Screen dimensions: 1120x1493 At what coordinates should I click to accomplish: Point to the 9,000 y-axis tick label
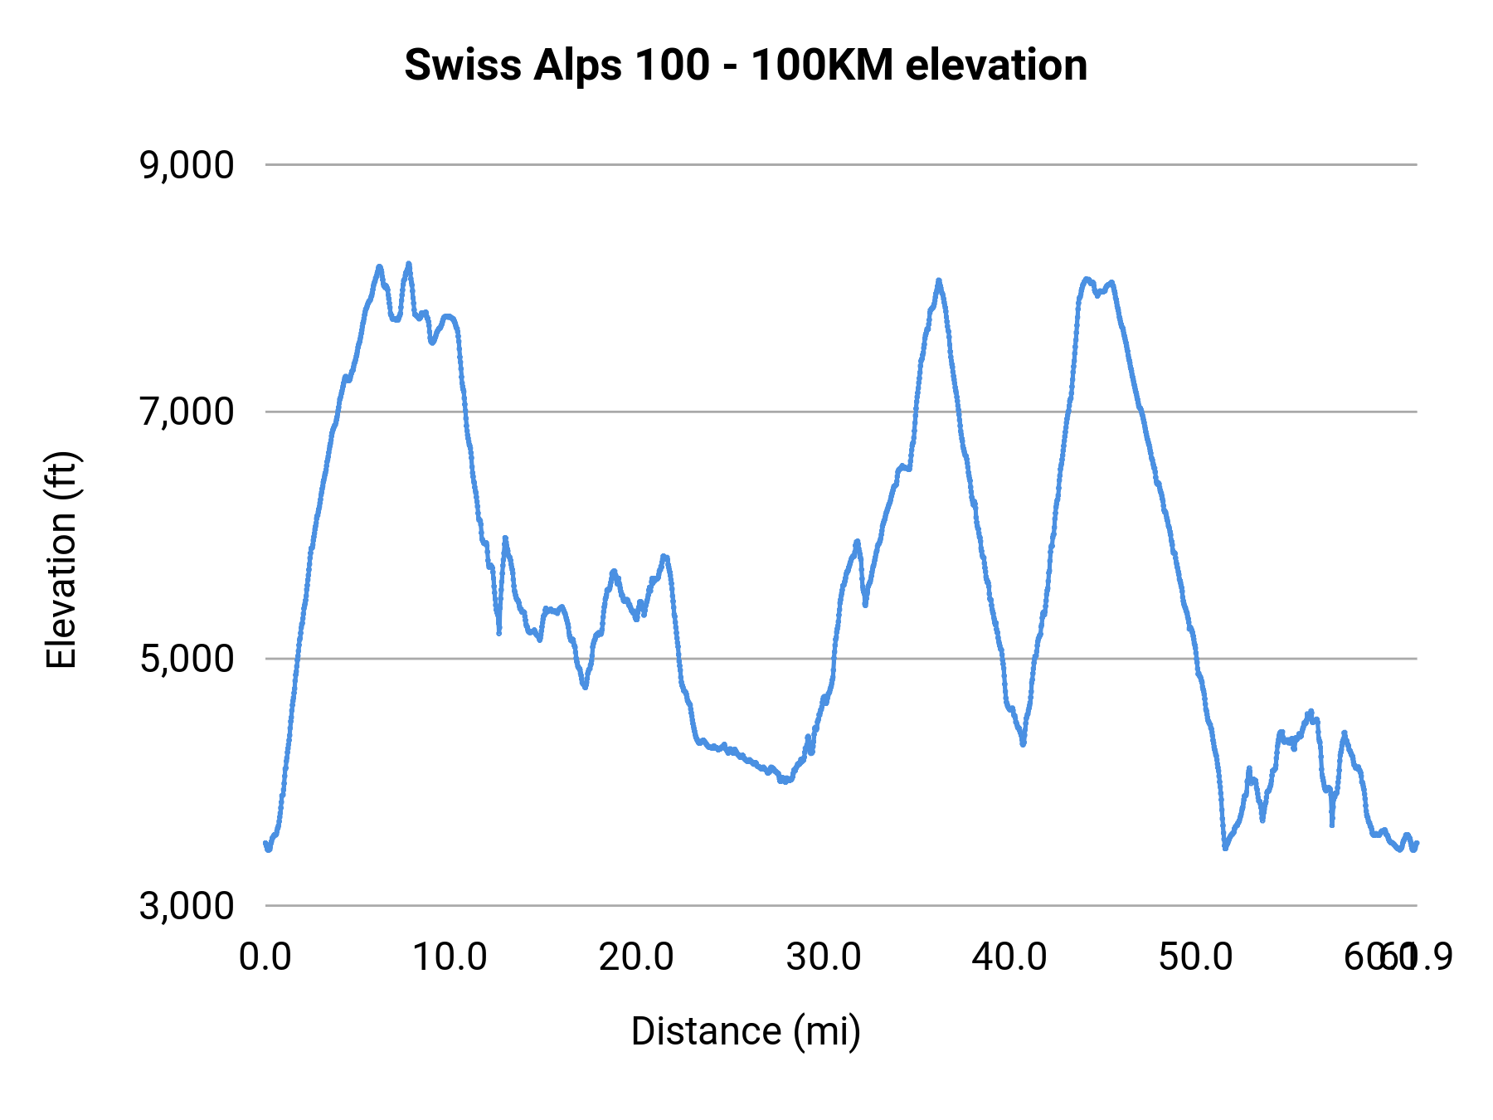coord(187,165)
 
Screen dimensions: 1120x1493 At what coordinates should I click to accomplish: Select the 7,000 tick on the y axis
coord(187,411)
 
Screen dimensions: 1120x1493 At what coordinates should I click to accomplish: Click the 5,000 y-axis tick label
coord(187,659)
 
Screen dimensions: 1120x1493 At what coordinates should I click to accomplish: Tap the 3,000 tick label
coord(187,905)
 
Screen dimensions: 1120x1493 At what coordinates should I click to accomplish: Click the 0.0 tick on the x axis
coord(265,957)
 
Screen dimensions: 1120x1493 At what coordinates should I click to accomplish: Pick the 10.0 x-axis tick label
coord(450,957)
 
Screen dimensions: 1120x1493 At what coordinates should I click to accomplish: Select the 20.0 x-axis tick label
coord(636,957)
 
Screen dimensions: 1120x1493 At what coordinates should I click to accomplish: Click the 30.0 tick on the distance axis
coord(824,957)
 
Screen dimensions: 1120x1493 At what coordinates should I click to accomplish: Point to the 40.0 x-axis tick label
coord(1009,957)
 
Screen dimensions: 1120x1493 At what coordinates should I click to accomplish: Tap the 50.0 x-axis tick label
coord(1195,957)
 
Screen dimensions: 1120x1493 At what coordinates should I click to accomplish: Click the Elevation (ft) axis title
coord(61,560)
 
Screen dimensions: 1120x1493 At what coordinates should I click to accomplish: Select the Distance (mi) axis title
coord(746,1032)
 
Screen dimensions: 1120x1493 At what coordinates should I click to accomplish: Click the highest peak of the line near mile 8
coord(408,264)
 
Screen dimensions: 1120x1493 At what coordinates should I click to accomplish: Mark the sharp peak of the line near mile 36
coord(938,280)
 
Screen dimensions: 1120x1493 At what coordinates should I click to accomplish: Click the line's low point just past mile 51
coord(1225,848)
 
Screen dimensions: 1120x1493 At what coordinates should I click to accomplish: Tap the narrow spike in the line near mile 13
coord(504,538)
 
